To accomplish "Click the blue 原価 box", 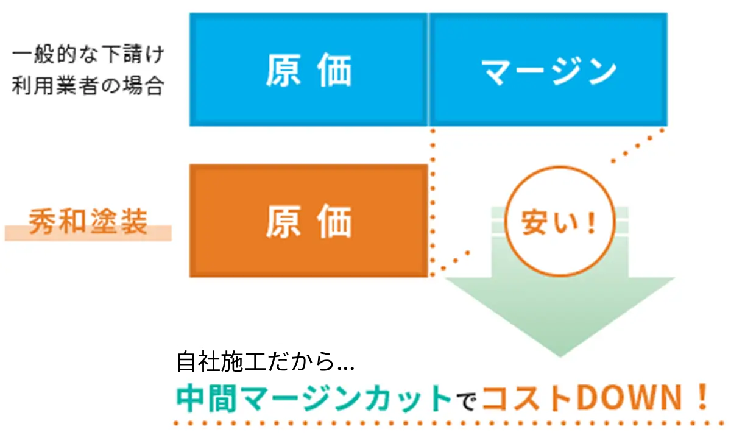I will click(x=309, y=69).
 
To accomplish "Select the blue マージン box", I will click(x=548, y=69).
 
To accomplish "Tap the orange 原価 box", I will click(x=309, y=221).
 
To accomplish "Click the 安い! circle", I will click(x=559, y=221).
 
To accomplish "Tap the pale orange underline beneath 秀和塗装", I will click(x=88, y=233).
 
